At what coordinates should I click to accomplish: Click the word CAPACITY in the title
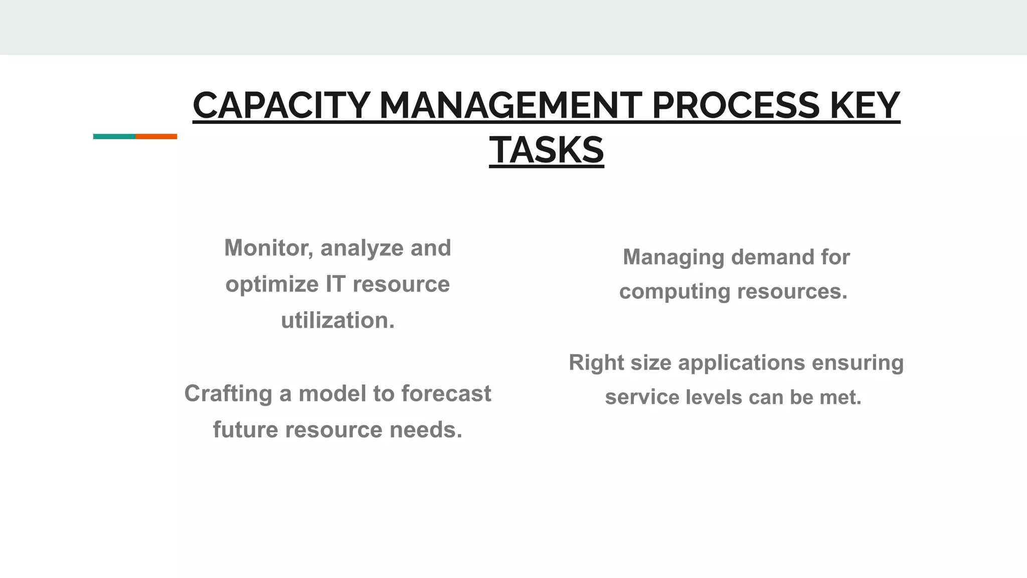(x=281, y=106)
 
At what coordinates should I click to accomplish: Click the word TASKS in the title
(x=546, y=151)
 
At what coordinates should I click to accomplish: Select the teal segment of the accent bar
(x=114, y=136)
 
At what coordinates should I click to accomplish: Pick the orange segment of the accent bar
(x=156, y=136)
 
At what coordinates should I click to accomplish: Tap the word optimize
(x=272, y=285)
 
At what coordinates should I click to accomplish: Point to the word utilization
(x=337, y=321)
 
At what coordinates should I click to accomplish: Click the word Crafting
(x=228, y=394)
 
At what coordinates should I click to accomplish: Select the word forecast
(x=446, y=393)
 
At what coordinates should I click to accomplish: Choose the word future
(x=245, y=430)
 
